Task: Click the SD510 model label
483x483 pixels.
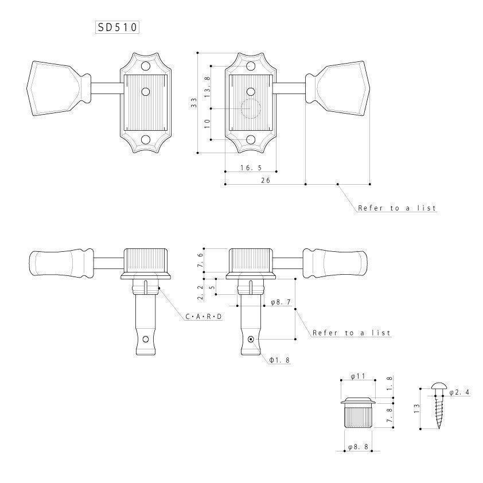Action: click(117, 28)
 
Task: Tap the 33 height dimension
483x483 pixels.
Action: click(194, 102)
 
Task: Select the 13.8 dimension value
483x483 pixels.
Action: click(207, 87)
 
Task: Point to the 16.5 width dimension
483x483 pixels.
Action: click(251, 168)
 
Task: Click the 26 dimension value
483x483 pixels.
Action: click(266, 180)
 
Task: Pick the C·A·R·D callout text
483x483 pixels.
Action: click(204, 316)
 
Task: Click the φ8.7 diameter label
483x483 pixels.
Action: click(281, 302)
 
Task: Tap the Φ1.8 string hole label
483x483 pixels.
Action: click(279, 360)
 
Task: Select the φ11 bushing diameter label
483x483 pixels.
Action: click(357, 376)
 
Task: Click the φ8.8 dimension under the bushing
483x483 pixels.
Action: click(358, 447)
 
